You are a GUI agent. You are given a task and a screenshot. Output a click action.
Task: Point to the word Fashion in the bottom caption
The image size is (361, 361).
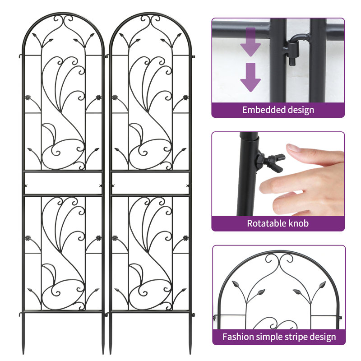[x=237, y=337]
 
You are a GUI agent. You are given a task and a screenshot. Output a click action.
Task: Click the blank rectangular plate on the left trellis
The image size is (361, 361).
[x=63, y=183]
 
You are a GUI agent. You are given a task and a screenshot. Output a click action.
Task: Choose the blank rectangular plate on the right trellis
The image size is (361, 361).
[x=149, y=183]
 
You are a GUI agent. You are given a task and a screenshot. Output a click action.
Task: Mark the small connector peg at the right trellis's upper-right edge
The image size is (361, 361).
[x=193, y=56]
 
